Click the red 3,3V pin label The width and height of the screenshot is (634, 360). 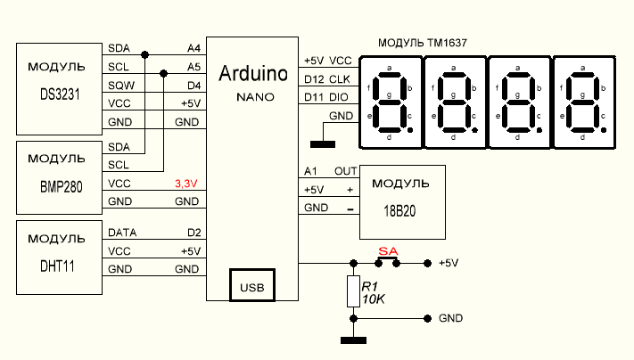(185, 184)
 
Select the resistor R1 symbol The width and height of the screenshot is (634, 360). (354, 292)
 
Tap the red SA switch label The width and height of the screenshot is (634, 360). (387, 251)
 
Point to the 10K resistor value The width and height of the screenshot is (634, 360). (373, 299)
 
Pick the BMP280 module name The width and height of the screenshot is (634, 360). (57, 190)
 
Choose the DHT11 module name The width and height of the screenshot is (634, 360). (57, 265)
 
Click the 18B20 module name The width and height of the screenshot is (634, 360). (400, 213)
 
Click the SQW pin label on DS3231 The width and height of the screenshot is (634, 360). (119, 85)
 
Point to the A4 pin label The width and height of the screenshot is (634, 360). (193, 47)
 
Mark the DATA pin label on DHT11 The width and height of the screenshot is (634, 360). (122, 232)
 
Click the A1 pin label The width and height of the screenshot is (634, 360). (310, 170)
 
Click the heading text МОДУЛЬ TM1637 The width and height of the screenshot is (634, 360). (423, 41)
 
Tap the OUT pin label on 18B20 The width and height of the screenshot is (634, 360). (345, 170)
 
